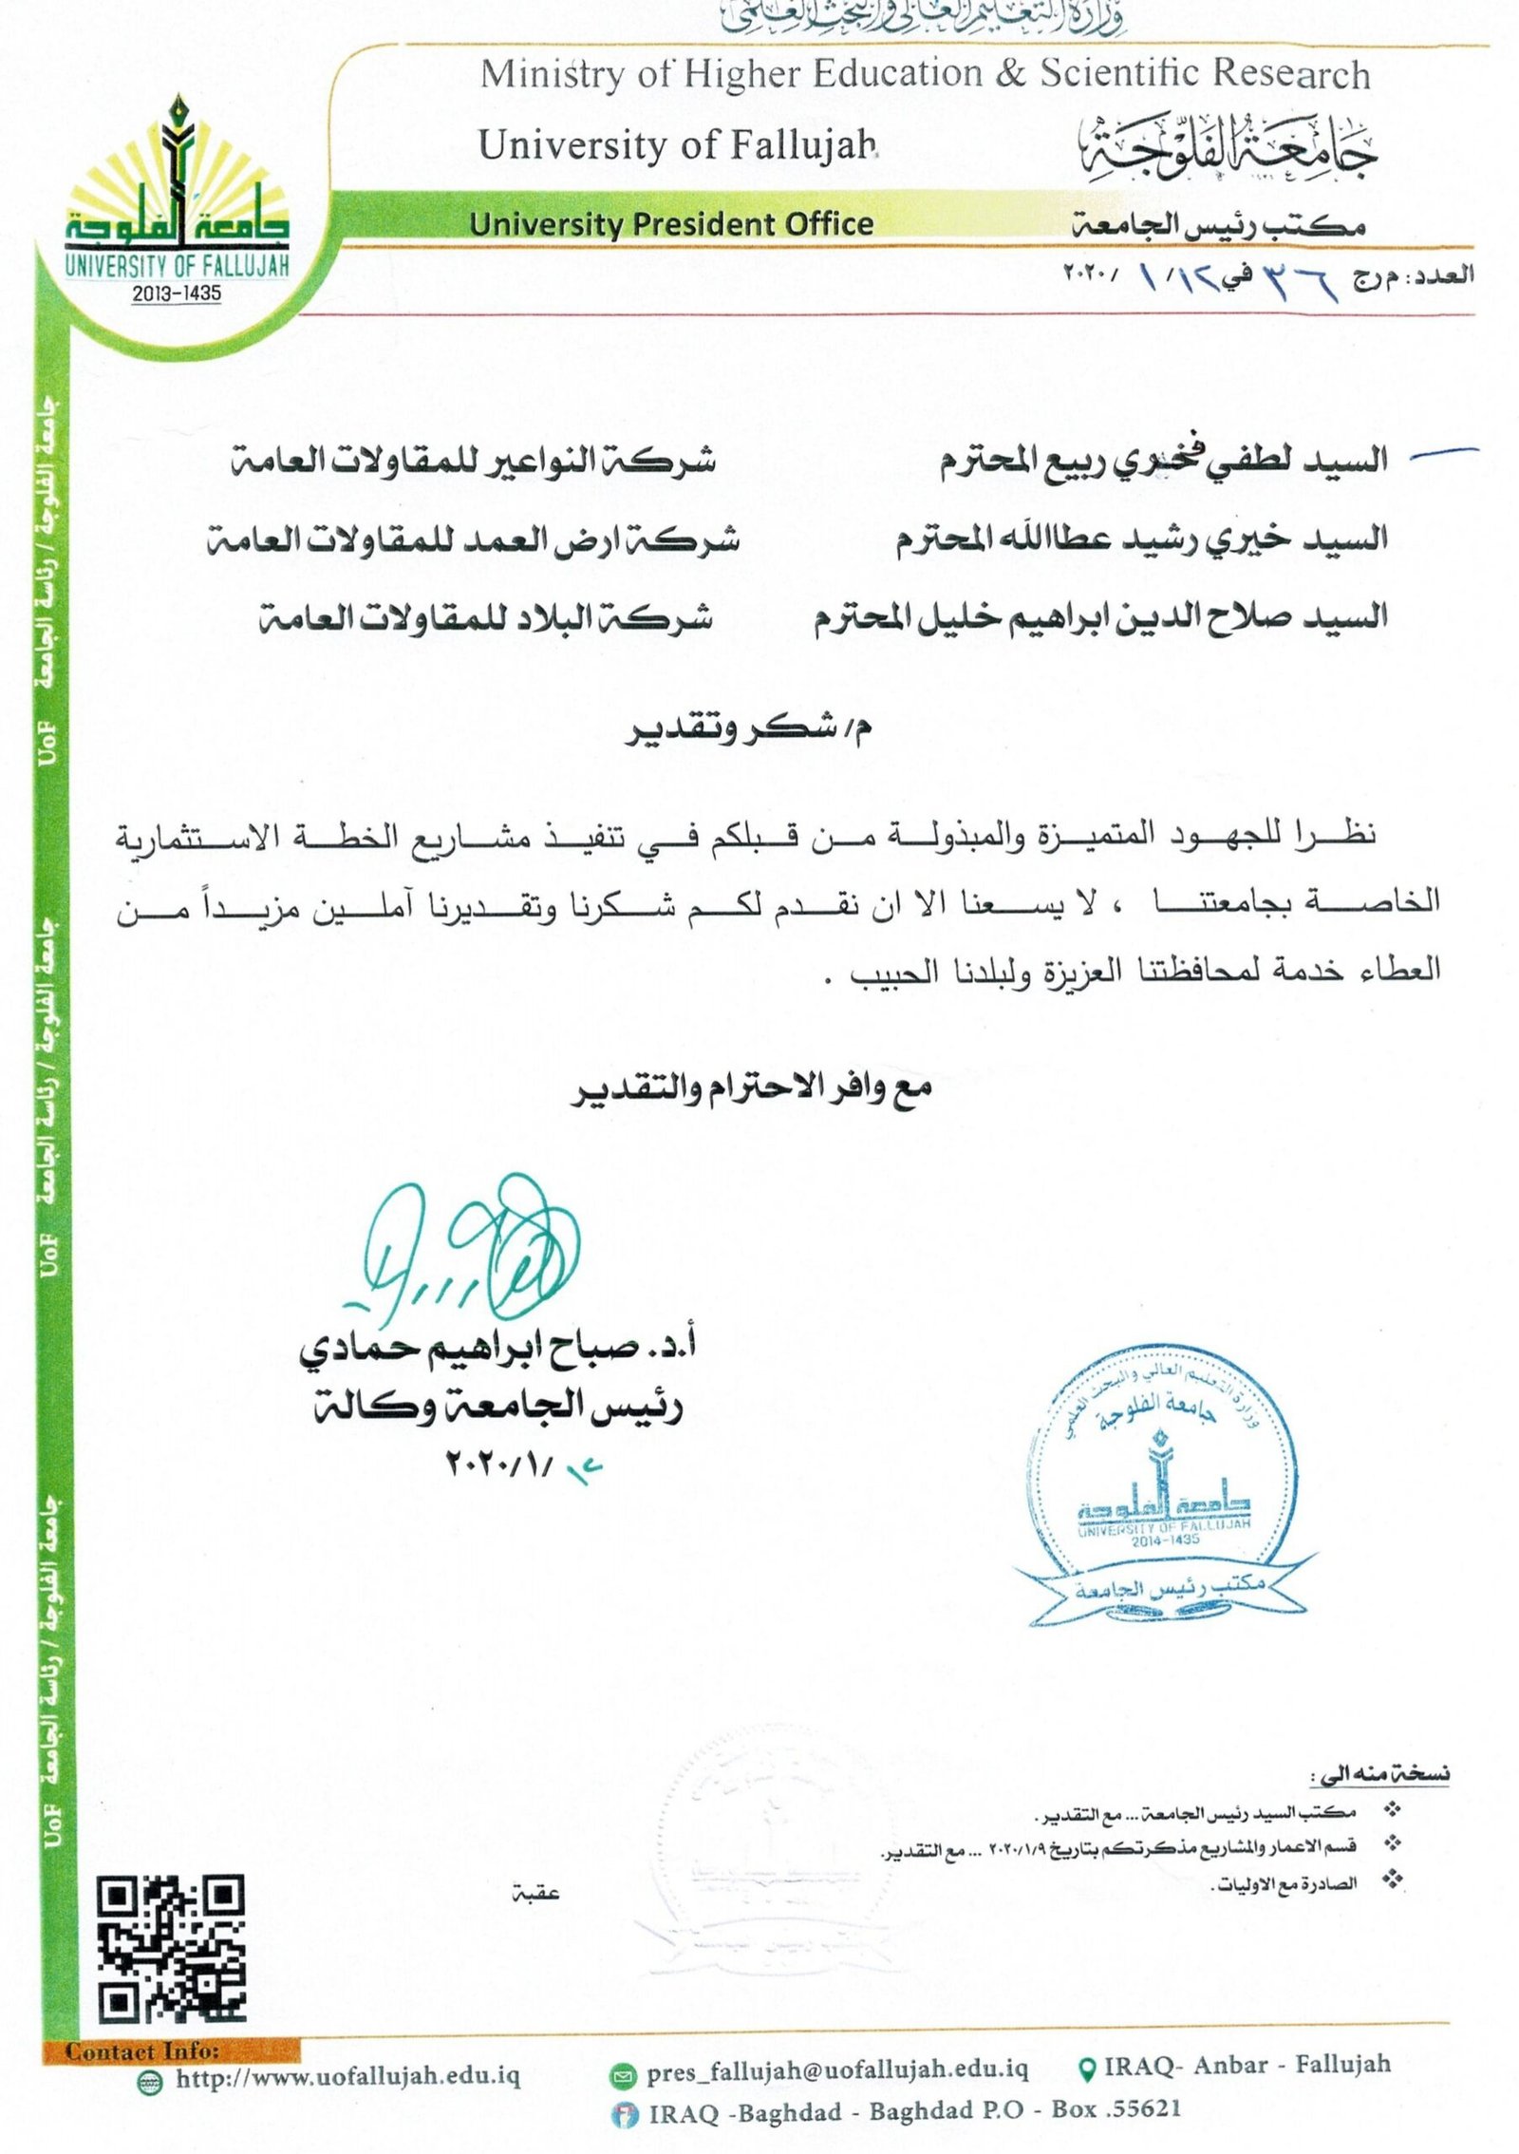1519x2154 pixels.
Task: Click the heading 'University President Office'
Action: [671, 224]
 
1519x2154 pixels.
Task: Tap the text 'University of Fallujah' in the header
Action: [677, 145]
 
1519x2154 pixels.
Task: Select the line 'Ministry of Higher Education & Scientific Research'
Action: [925, 74]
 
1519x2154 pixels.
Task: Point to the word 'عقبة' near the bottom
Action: [535, 1891]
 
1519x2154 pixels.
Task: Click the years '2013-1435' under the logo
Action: [177, 293]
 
